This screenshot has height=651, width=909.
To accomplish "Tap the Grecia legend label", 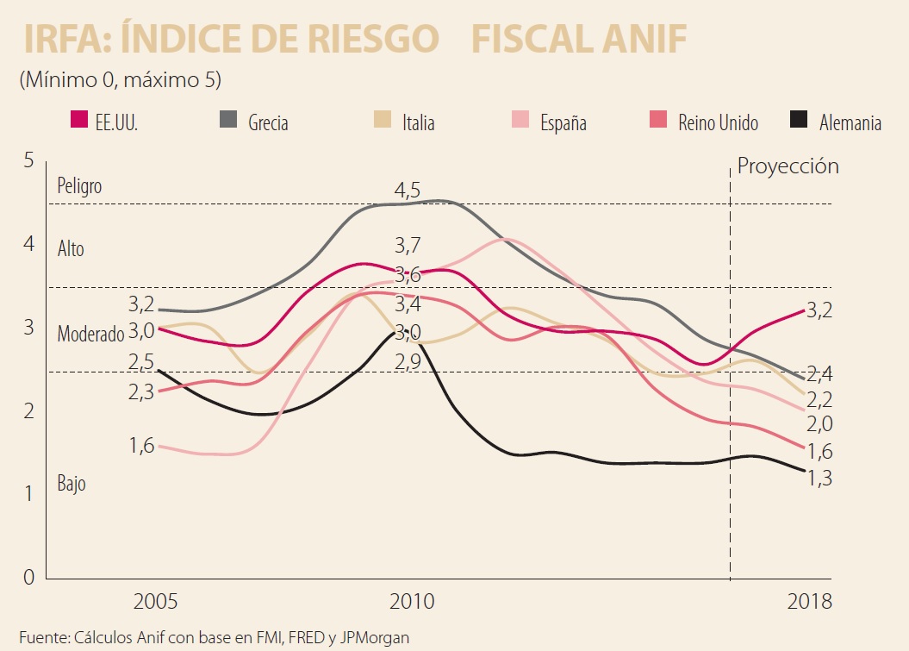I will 268,123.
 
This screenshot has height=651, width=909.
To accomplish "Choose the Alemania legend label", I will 850,123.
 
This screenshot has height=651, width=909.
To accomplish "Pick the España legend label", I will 563,123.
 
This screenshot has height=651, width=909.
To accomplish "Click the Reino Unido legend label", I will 718,123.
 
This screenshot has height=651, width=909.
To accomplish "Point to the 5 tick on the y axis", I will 28,160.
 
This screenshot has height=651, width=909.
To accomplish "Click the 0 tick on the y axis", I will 28,577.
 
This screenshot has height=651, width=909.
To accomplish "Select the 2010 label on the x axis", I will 412,601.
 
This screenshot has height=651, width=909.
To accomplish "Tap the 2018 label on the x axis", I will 810,601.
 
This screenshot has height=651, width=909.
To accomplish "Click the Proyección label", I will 788,166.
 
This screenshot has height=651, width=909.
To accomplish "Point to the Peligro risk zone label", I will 79,185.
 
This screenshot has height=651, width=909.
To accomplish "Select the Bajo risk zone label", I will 72,484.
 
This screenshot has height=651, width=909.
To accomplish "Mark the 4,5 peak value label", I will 408,190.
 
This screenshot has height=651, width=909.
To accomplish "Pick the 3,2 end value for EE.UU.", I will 820,310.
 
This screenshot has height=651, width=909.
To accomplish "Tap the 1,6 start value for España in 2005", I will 141,446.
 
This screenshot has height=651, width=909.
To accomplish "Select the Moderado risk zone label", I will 90,335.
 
